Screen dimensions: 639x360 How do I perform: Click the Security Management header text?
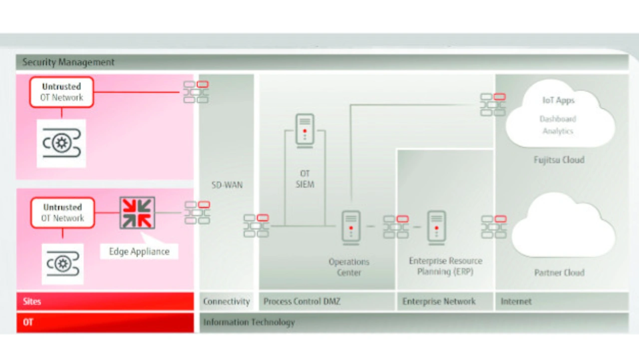point(68,62)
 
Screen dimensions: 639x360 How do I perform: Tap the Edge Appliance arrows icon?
point(137,213)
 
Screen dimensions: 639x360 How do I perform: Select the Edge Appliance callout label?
point(139,252)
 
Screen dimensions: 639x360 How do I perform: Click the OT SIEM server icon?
point(305,131)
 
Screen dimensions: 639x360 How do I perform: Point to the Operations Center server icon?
point(351,228)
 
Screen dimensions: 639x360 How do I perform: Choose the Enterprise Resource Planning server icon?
point(436,228)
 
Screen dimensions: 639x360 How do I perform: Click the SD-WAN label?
point(227,185)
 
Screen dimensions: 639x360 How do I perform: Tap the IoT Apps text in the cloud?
point(558,100)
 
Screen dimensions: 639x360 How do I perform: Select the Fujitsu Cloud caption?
point(559,160)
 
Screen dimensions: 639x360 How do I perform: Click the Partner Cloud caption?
point(559,273)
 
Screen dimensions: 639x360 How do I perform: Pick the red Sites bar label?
point(32,302)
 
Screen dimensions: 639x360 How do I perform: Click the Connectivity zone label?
point(227,302)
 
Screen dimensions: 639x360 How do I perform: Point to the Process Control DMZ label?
point(302,302)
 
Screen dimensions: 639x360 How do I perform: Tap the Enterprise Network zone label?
point(439,302)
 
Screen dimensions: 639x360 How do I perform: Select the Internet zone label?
point(516,302)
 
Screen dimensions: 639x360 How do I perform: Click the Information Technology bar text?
point(249,323)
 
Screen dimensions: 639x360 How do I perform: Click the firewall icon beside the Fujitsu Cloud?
point(493,105)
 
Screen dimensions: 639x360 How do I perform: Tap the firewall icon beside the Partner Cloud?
point(494,227)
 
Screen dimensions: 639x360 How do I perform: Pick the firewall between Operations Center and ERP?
point(396,227)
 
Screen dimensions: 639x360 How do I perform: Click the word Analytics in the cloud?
point(558,131)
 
